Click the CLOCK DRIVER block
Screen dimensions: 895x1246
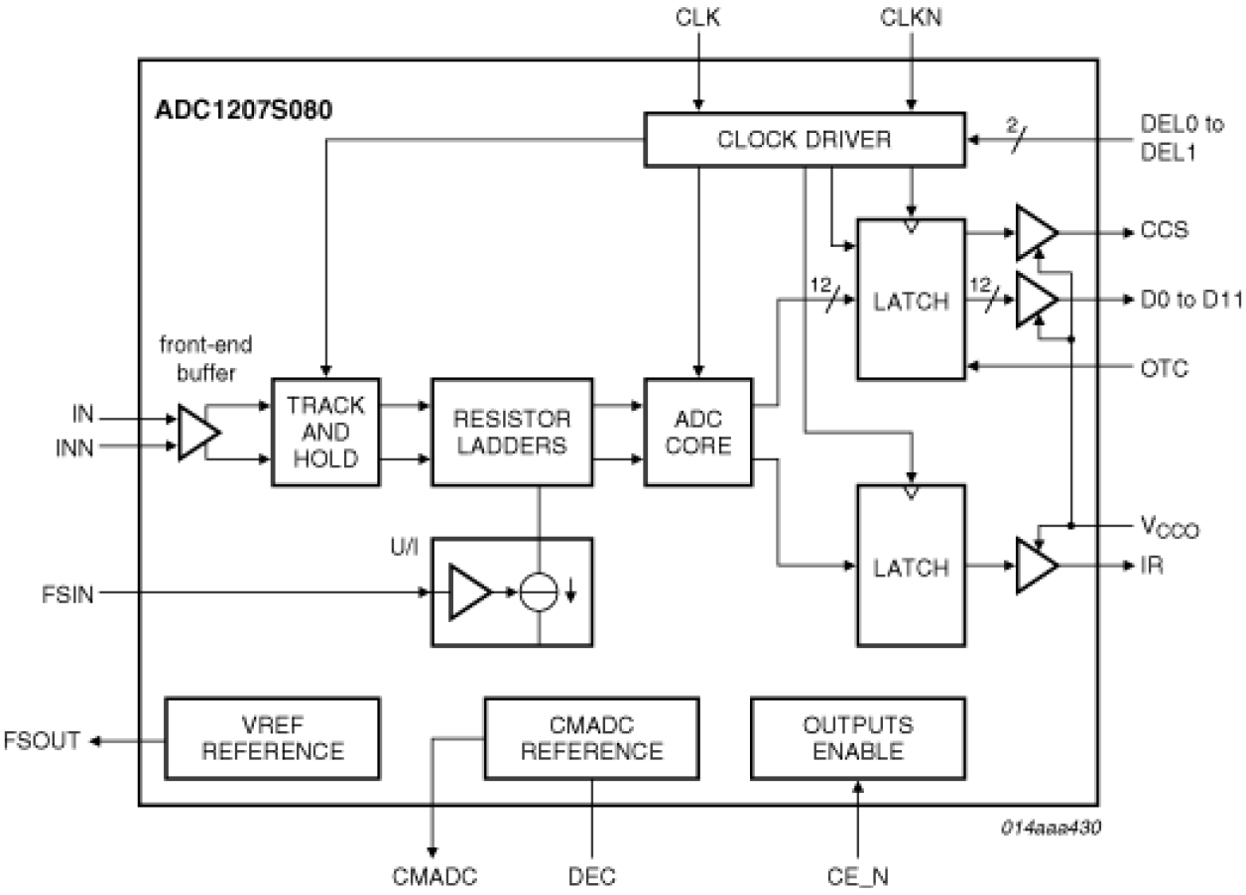pos(804,139)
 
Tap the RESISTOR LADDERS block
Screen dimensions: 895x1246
pos(512,432)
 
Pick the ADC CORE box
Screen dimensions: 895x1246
pos(699,432)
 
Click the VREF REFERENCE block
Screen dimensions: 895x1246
pos(271,737)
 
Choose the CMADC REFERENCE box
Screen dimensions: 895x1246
pos(591,737)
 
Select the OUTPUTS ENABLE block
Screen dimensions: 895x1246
pos(858,737)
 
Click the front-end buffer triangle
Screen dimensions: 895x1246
pos(196,433)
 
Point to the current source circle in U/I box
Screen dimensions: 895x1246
pos(539,593)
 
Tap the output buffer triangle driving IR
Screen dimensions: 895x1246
pos(1035,567)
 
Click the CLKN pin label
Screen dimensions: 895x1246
pos(910,17)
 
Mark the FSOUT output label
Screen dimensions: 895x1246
pos(43,740)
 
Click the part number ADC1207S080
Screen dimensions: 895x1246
pos(243,109)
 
